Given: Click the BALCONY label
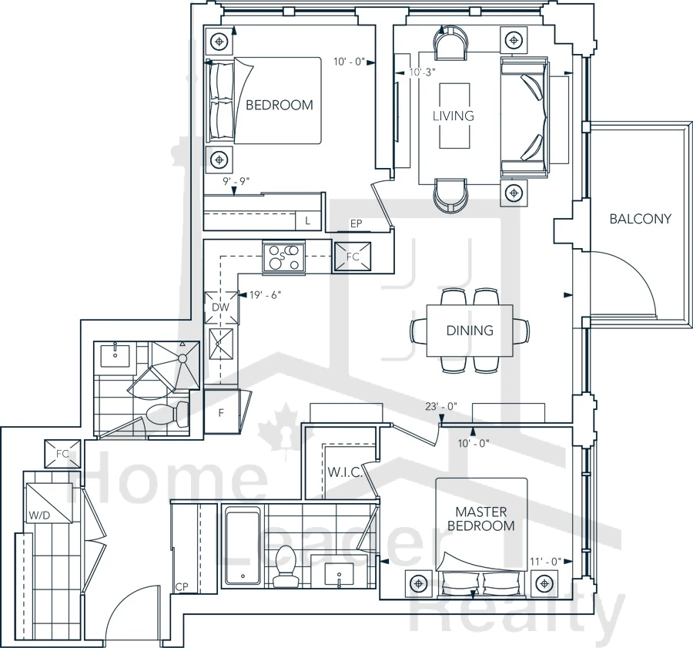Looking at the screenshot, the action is pos(640,219).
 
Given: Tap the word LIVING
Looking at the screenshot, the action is pos(453,116).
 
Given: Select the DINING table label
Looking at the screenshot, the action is pos(470,331).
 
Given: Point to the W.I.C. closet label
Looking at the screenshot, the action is pos(345,472).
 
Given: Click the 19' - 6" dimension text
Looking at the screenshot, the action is pos(265,295).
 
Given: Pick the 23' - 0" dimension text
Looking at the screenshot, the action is pos(441,406).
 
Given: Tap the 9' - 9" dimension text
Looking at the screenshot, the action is pos(236,181).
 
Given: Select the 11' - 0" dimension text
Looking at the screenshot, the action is pos(545,562).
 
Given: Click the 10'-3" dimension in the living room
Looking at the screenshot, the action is pos(423,72).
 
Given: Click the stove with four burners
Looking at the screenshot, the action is pos(283,257).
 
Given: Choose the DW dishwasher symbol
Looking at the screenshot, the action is pos(221,307).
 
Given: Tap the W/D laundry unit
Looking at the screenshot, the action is pos(49,503).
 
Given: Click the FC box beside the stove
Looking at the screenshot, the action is pos(352,257).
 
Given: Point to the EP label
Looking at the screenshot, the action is pos(357,223).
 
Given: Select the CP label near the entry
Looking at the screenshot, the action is pos(182,587).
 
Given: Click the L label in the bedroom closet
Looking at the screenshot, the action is pos(307,221).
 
